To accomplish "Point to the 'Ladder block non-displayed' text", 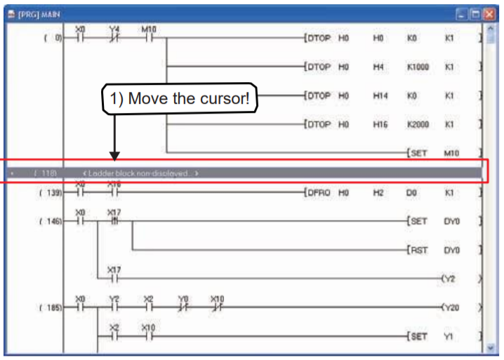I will point(140,173).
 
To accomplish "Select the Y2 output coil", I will point(449,279).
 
